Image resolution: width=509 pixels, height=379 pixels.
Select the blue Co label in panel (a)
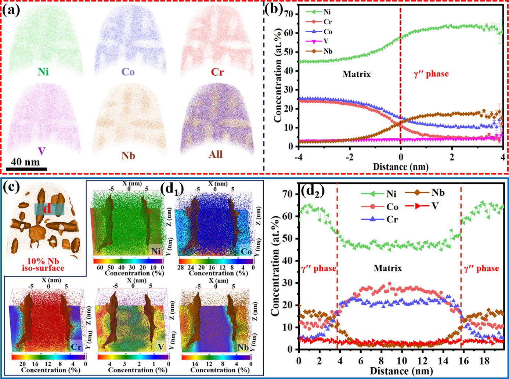128,72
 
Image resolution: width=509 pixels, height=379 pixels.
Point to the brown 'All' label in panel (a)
216,154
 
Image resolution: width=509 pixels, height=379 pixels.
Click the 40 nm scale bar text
26,162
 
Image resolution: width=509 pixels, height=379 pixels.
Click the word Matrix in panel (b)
356,74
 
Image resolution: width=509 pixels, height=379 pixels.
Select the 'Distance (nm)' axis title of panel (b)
400,167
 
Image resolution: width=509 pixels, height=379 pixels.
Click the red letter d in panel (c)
47,209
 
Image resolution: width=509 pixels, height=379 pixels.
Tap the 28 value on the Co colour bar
180,268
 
